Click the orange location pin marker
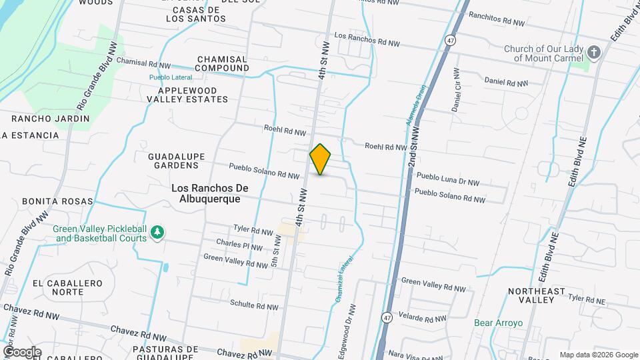(321, 159)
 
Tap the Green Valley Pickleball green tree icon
(157, 232)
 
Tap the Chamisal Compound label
(222, 63)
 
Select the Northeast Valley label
(536, 295)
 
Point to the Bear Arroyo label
(498, 323)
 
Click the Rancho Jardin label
(51, 119)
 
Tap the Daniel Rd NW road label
(506, 83)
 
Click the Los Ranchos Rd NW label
(367, 39)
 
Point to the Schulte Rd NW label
(253, 305)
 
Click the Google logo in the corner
(22, 351)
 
